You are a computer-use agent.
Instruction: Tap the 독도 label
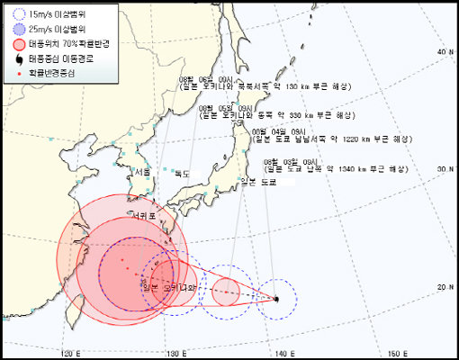pyautogui.click(x=181, y=174)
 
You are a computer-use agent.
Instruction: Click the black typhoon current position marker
pyautogui.click(x=277, y=298)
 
